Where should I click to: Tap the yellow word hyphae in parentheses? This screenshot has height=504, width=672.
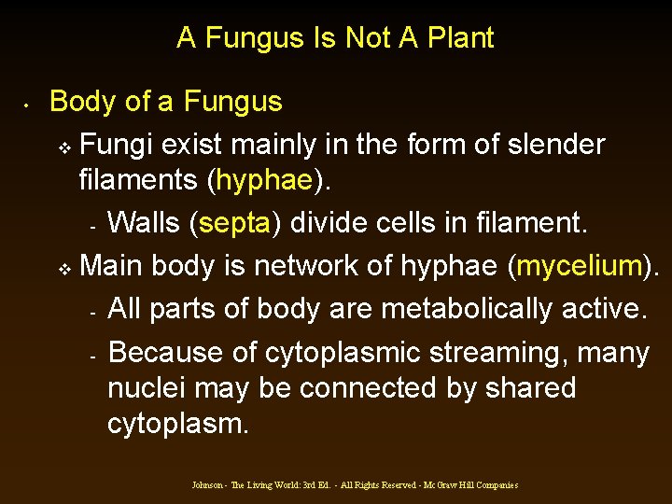pyautogui.click(x=264, y=179)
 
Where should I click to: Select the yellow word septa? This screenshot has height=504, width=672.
pyautogui.click(x=233, y=223)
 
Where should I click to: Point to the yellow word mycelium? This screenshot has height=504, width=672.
pyautogui.click(x=580, y=266)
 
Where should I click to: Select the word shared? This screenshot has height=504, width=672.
pyautogui.click(x=531, y=387)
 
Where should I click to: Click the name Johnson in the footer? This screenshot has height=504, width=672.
pyautogui.click(x=206, y=485)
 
